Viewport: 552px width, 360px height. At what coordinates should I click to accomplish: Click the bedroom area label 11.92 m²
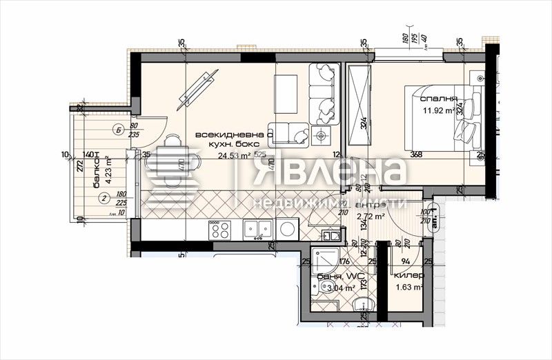click(x=437, y=109)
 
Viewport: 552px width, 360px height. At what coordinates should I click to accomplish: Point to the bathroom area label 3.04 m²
click(x=337, y=288)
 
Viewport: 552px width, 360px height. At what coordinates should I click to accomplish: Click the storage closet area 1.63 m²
click(x=409, y=288)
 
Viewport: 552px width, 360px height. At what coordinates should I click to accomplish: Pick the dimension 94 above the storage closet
click(x=406, y=261)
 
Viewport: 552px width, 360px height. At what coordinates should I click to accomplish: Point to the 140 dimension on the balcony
click(x=88, y=155)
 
